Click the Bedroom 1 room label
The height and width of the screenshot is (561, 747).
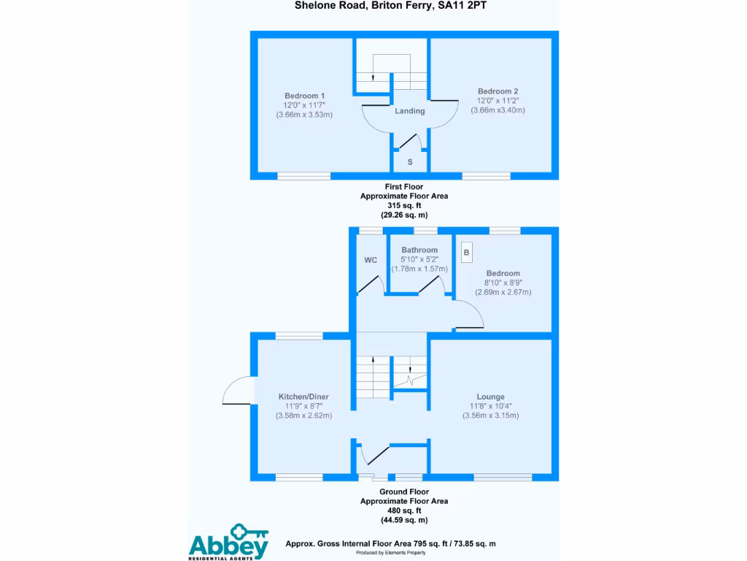click(x=304, y=96)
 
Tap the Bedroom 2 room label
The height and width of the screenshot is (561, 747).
click(x=498, y=91)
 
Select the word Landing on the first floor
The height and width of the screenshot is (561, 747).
click(x=410, y=111)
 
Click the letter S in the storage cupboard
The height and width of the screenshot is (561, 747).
click(x=410, y=162)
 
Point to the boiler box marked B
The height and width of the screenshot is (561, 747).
click(x=466, y=252)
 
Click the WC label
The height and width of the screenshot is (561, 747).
click(x=371, y=260)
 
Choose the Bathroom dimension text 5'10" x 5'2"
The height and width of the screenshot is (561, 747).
click(x=419, y=259)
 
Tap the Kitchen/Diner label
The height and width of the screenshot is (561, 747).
click(x=303, y=397)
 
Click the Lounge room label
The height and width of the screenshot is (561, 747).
click(x=491, y=397)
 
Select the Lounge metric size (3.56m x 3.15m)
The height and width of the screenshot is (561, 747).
click(x=491, y=416)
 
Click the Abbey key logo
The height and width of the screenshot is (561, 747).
click(x=228, y=542)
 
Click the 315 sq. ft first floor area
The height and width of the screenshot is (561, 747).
click(x=404, y=205)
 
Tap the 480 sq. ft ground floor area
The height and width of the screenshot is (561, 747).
click(x=404, y=511)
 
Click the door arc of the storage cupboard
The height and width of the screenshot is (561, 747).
click(x=410, y=142)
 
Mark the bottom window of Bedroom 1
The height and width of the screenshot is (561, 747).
click(x=304, y=177)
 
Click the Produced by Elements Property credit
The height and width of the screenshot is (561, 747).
click(x=391, y=553)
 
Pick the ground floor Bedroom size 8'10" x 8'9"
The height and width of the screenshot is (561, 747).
click(x=503, y=283)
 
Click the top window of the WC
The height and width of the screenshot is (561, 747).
click(x=371, y=231)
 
